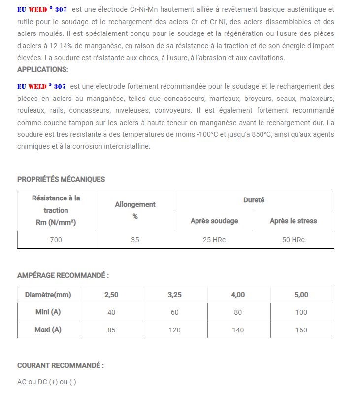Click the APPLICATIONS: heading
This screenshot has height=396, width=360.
[43, 69]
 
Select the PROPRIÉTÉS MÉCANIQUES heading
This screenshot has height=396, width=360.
[61, 179]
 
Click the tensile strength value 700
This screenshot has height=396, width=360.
[57, 240]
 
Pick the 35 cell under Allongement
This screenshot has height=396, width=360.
[135, 240]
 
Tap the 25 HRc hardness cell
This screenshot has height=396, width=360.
[215, 240]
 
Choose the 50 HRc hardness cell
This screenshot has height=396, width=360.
[294, 240]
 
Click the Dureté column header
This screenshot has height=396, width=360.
[254, 200]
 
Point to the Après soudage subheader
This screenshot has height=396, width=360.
[215, 221]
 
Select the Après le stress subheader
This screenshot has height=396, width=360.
[294, 221]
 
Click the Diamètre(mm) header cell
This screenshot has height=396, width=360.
[48, 295]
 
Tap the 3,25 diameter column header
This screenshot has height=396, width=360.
[175, 295]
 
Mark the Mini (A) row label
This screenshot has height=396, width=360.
[48, 312]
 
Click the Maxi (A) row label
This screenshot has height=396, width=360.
[48, 330]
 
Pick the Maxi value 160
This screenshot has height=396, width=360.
[301, 330]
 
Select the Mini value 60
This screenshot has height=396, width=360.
[175, 312]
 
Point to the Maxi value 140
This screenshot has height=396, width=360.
[238, 330]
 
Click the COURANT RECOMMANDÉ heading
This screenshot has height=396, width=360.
[61, 365]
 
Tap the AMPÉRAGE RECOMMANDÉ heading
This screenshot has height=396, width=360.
[63, 275]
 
